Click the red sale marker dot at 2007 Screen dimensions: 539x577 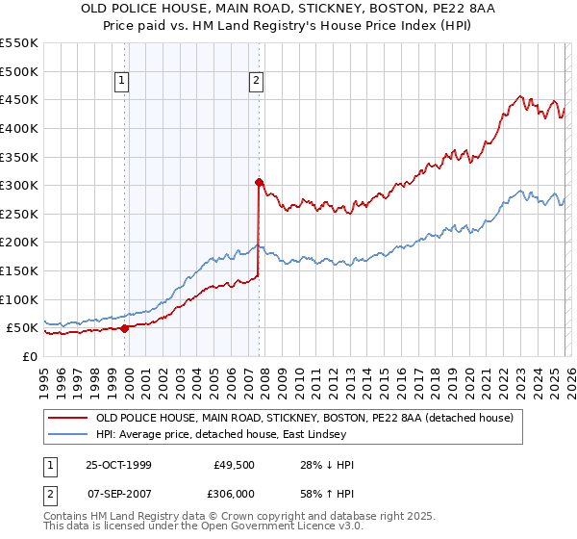(x=259, y=181)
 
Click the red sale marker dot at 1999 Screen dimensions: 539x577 (x=125, y=328)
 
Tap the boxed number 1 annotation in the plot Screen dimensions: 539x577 (x=123, y=82)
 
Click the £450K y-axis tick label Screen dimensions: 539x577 (x=19, y=99)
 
